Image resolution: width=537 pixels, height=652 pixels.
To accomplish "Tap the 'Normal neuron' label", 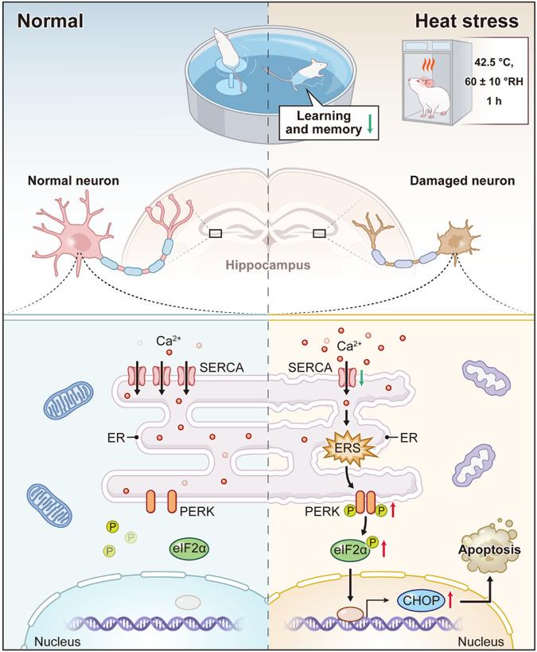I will click(68, 182).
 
